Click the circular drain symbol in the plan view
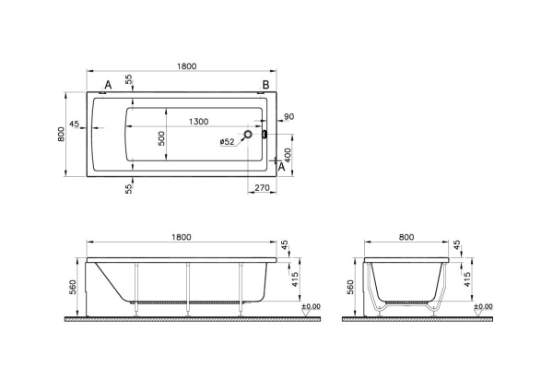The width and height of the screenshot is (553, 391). coord(246,136)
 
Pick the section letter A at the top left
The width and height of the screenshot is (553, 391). coord(108,86)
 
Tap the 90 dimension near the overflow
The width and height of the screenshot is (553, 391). coord(288,116)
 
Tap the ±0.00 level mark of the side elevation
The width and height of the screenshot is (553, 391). coord(311,306)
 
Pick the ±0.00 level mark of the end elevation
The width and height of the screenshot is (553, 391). coord(483,306)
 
